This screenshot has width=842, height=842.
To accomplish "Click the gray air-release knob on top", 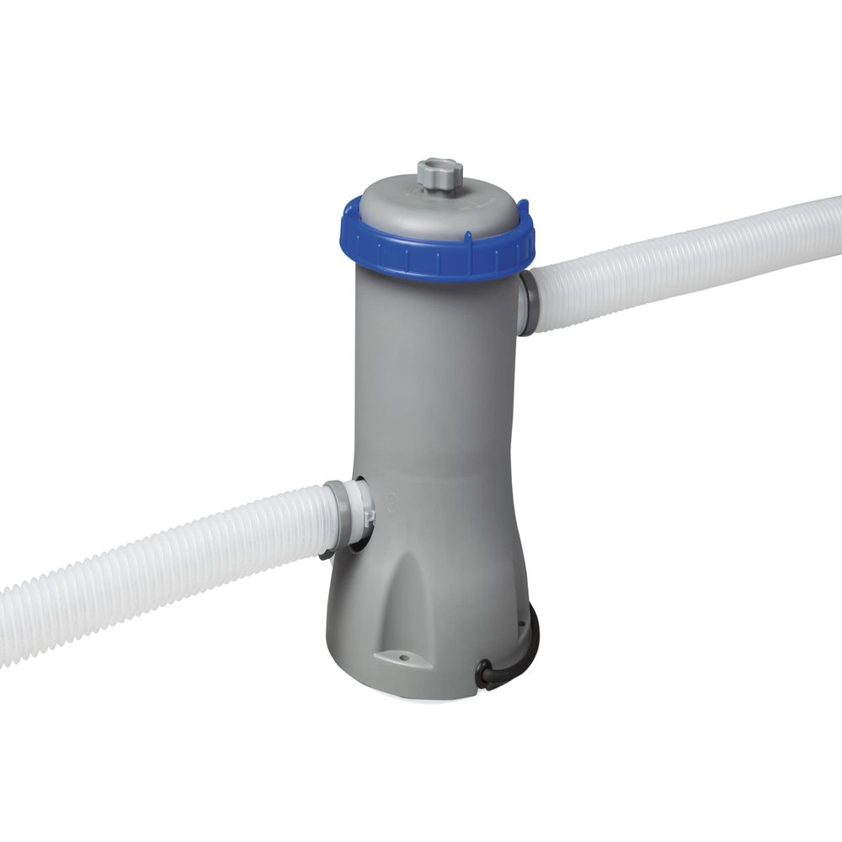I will pos(440,175).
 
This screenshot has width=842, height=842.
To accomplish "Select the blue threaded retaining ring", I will pos(438,253).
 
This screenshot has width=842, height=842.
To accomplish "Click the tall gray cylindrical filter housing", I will pos(438,379).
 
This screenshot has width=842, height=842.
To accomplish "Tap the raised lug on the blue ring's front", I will pos(438,261).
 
